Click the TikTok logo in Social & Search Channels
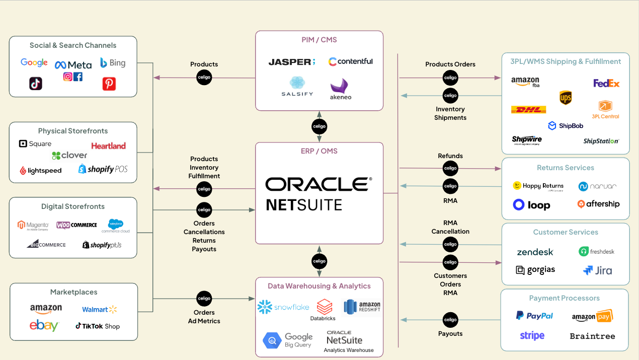coord(36,84)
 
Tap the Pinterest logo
coord(109,84)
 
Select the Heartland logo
coord(108,146)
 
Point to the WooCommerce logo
coord(76,225)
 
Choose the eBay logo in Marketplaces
coord(44,326)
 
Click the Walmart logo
coord(99,309)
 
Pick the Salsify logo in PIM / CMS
coord(297,87)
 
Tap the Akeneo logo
coord(341,89)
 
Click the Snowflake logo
coord(283,307)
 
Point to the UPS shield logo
coord(566,98)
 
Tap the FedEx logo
coord(606,83)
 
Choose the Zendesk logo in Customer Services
coord(535,252)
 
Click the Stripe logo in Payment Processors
coord(532,335)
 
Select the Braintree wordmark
coord(592,336)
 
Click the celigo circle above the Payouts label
coord(450,320)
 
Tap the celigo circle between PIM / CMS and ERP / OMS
coord(319,126)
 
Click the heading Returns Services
coord(565,168)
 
